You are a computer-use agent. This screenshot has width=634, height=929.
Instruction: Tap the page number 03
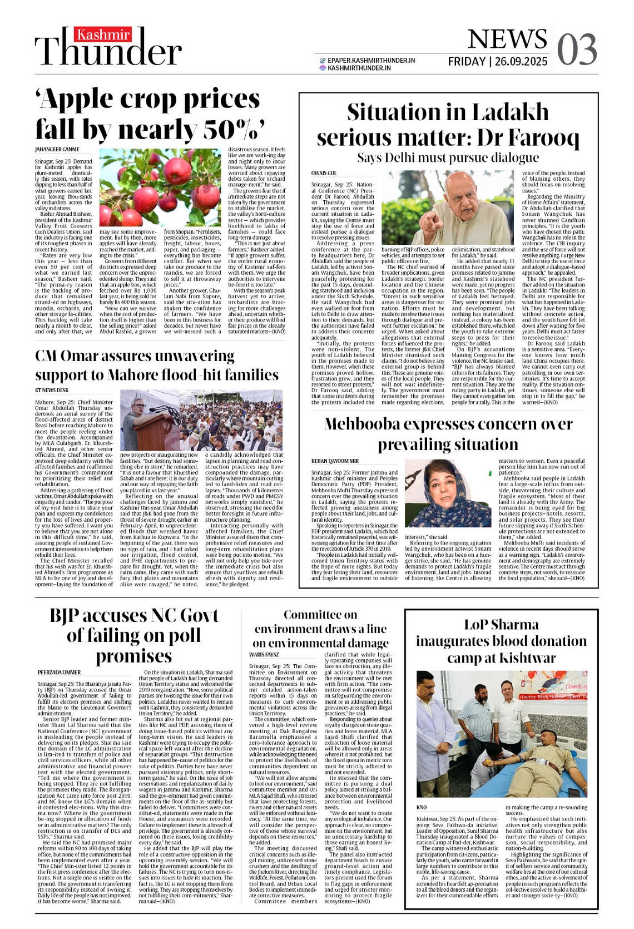[577, 50]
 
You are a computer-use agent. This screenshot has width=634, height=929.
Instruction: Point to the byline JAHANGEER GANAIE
[57, 150]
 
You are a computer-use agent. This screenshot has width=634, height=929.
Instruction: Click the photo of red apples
[160, 187]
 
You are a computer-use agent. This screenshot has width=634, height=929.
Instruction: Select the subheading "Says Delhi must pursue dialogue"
[448, 158]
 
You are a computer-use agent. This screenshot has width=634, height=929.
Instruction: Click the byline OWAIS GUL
[324, 174]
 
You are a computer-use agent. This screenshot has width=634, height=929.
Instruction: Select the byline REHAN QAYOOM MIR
[335, 461]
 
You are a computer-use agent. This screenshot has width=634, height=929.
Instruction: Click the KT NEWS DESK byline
[52, 391]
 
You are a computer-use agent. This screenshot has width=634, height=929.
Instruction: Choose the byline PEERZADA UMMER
[59, 673]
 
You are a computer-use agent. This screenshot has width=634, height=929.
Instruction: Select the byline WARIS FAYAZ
[264, 655]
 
